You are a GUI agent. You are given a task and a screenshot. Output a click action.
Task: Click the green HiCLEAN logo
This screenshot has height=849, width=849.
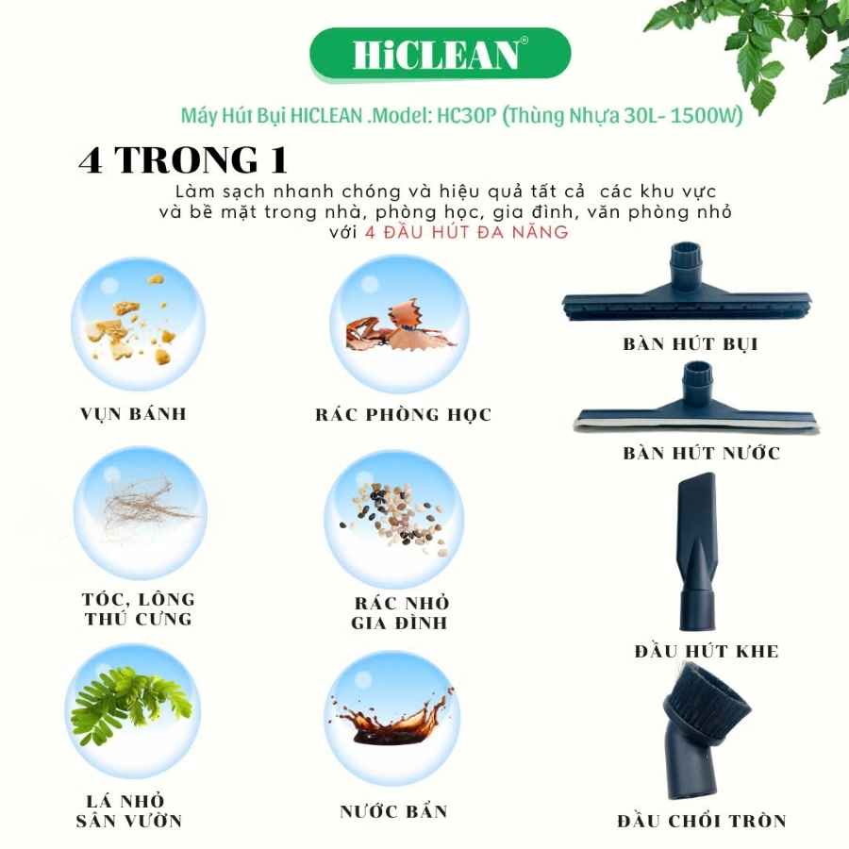click(441, 55)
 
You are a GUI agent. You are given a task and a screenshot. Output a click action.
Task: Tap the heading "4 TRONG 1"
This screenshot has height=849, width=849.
click(183, 159)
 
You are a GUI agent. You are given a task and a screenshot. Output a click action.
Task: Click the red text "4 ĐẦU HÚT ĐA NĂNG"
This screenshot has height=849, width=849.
click(467, 232)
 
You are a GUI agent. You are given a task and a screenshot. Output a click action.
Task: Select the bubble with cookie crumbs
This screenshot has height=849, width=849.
click(139, 324)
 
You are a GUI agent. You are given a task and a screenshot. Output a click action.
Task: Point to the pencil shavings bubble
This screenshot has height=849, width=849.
click(400, 324)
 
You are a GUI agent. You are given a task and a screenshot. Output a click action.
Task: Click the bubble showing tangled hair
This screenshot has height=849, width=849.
click(141, 513)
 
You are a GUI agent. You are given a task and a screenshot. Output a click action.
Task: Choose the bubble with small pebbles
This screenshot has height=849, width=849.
click(393, 521)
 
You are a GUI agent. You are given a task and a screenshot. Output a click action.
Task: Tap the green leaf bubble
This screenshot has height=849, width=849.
click(133, 710)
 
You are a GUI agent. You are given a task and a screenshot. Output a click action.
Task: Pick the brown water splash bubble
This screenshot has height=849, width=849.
click(392, 718)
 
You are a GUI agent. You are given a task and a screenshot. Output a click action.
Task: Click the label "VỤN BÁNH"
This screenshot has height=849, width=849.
click(133, 414)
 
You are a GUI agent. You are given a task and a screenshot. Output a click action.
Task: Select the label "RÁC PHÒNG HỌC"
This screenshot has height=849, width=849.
click(404, 415)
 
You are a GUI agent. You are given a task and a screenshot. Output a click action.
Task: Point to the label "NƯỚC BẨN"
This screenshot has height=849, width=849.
click(393, 811)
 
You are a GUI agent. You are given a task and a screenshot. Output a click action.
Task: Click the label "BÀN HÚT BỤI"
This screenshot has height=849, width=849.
click(691, 344)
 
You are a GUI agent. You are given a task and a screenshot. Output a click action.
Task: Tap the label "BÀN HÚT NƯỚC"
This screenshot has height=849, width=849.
click(702, 453)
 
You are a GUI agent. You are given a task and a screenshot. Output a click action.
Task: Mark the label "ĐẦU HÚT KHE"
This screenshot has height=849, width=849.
click(707, 651)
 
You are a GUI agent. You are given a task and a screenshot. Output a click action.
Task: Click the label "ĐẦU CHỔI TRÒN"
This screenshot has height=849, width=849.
click(702, 822)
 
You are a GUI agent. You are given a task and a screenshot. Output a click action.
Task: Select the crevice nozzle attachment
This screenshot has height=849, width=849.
click(697, 551)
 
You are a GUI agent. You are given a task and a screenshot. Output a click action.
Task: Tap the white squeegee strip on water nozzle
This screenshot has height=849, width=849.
click(696, 426)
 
